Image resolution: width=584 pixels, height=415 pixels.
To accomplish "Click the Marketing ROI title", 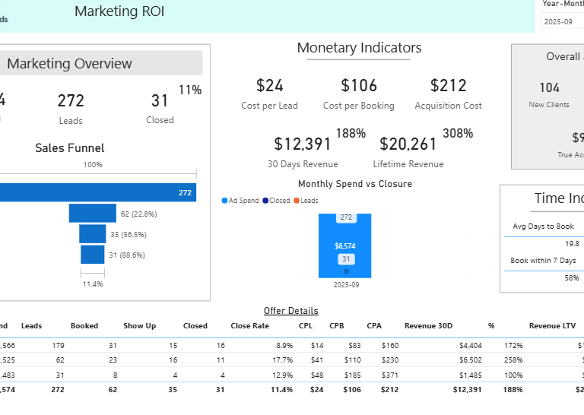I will pyautogui.click(x=119, y=11).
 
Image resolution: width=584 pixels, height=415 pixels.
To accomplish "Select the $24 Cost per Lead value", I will pyautogui.click(x=269, y=85).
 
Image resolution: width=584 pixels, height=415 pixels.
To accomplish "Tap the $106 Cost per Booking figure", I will pyautogui.click(x=359, y=85).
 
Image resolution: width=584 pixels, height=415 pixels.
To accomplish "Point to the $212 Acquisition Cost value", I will pyautogui.click(x=448, y=85).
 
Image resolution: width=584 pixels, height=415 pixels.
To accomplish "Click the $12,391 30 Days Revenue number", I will pyautogui.click(x=303, y=144).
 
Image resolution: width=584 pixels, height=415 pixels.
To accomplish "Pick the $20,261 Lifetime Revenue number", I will pyautogui.click(x=408, y=144).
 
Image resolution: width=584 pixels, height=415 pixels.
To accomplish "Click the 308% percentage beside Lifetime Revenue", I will pyautogui.click(x=459, y=134).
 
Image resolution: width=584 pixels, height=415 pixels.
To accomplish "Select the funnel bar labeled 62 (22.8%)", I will pyautogui.click(x=92, y=214).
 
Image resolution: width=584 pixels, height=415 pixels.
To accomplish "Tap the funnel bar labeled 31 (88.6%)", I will pyautogui.click(x=92, y=255).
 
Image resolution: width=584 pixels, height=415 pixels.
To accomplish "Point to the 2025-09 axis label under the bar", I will pyautogui.click(x=345, y=284).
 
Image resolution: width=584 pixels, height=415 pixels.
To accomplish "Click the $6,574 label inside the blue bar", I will pyautogui.click(x=345, y=246).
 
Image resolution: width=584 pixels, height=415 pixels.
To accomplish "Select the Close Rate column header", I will pyautogui.click(x=249, y=326).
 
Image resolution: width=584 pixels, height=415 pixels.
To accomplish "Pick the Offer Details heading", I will pyautogui.click(x=291, y=311).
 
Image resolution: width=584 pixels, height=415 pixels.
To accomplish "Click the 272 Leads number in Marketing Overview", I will pyautogui.click(x=71, y=100).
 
